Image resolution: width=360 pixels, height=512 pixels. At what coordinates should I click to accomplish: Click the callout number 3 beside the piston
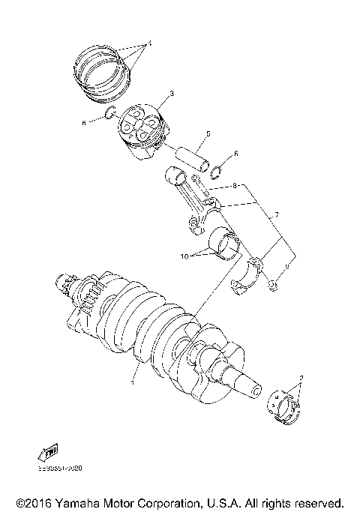coord(172,93)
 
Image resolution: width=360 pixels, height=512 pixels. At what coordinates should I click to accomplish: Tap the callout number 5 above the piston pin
coord(208,134)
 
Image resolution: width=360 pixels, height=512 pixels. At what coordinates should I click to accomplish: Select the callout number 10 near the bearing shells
coord(184,256)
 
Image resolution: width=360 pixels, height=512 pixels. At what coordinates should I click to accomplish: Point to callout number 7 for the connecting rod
coord(277,215)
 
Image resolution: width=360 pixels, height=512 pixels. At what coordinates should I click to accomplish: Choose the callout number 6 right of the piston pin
coord(236,153)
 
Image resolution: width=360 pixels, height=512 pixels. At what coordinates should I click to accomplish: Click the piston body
coord(142,130)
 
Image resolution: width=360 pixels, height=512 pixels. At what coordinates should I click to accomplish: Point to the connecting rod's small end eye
coord(174,177)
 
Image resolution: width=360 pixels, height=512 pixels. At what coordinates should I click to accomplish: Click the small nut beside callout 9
coord(274,284)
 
